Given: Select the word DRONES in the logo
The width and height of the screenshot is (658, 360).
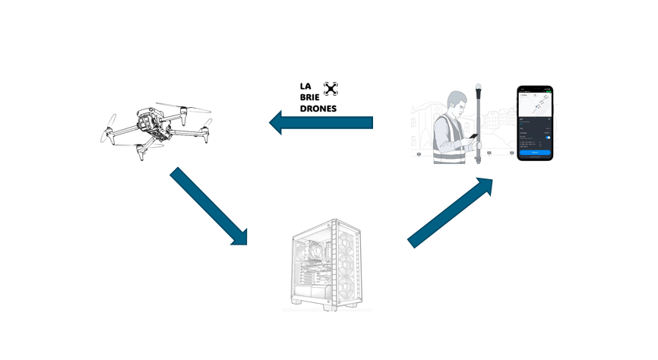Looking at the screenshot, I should tap(318, 109).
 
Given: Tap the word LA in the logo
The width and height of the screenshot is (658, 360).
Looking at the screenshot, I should tap(305, 87).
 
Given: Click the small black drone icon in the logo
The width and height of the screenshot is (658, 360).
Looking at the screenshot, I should tap(330, 89).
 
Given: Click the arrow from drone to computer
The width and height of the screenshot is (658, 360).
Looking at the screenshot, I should tap(209, 206).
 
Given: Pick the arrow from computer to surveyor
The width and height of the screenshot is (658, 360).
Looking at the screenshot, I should tap(453, 212).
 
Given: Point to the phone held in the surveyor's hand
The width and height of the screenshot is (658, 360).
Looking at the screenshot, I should tap(473, 137).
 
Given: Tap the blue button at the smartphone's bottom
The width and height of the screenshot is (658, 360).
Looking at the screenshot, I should tap(535, 153).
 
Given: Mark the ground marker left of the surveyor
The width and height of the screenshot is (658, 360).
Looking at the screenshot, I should tap(417, 153).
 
